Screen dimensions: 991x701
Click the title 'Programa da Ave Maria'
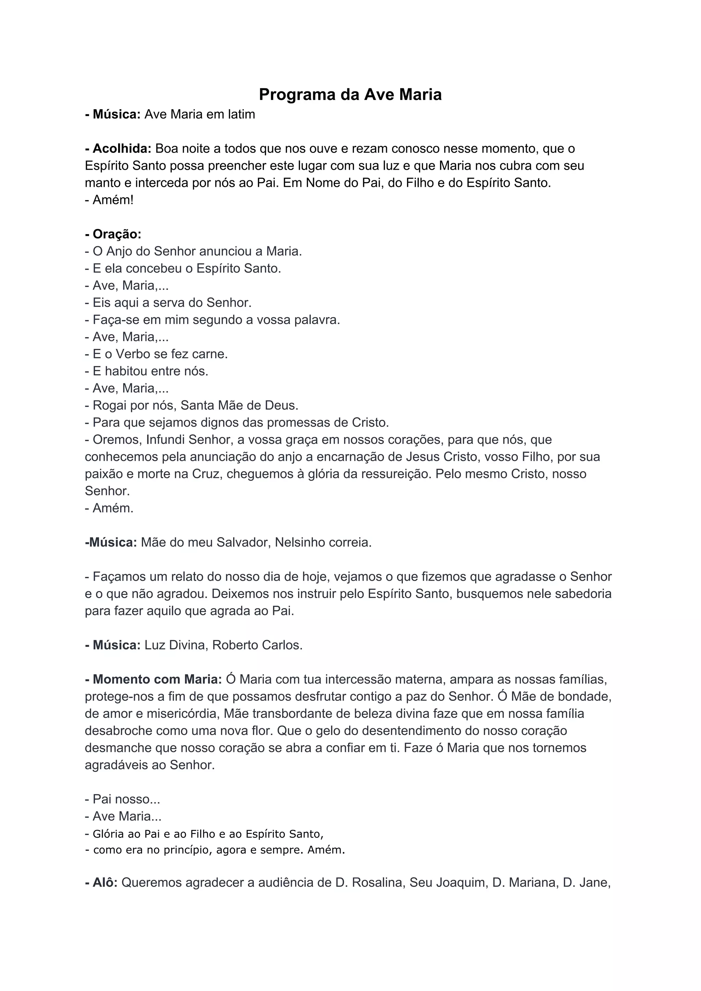tap(350, 94)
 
